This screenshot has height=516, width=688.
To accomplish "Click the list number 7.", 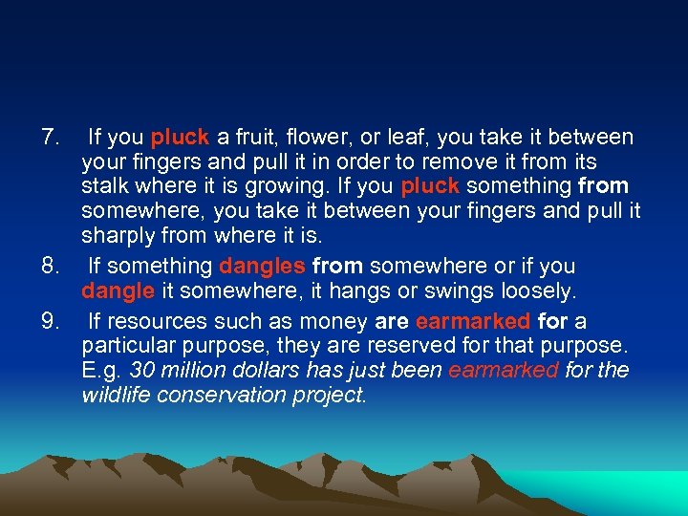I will coord(49,138).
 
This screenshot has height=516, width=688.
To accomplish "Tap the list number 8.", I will coord(49,267).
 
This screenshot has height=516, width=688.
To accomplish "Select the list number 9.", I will coord(49,322).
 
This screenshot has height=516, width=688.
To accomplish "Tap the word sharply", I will coord(118,235).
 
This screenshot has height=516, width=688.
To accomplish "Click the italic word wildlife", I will coord(115,394).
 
